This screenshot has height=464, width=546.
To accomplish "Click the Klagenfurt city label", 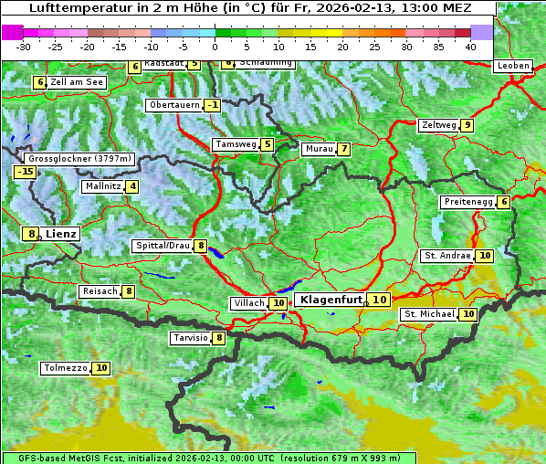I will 332,300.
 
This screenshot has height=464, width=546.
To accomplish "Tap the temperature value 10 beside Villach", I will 278,303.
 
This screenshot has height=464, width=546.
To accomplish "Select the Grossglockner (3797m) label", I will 80,158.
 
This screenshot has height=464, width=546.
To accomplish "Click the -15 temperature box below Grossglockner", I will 25,172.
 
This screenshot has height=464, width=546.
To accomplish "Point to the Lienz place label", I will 61,234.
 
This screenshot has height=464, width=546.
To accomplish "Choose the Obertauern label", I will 173,105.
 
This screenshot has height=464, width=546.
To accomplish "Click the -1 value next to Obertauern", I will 213,105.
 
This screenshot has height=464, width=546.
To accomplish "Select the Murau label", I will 319,149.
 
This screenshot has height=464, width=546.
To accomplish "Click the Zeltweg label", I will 438,125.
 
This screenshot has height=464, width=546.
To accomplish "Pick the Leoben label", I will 512,66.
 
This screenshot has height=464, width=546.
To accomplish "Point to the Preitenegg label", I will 468,202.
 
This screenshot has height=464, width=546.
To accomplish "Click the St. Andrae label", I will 447,256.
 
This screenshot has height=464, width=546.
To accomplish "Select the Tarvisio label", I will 191,338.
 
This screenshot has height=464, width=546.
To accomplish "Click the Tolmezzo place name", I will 65,368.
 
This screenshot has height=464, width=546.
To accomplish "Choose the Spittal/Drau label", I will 163,246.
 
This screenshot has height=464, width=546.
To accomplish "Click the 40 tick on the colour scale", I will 470,47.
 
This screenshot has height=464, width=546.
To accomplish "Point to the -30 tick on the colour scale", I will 24,47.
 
